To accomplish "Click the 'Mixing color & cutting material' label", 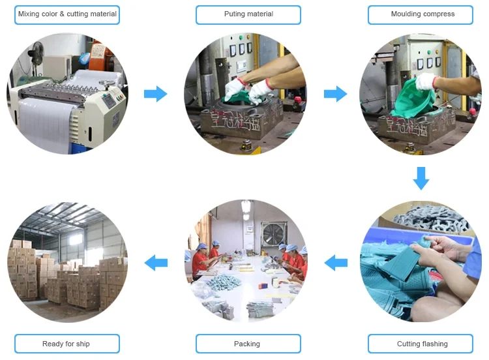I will [x=67, y=14].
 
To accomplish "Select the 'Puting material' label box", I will [x=248, y=14].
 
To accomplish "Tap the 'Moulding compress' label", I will [x=422, y=14].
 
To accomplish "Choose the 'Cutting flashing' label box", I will [x=422, y=344].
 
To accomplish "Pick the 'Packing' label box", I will [x=248, y=344].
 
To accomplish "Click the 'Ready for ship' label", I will [x=67, y=344].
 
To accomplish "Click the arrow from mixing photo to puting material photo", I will [x=155, y=94].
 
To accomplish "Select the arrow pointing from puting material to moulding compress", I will [x=335, y=94].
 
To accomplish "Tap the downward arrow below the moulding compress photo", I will [x=421, y=178].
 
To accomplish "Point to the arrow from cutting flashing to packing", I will [x=335, y=263].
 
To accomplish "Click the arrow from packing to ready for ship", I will [x=155, y=263].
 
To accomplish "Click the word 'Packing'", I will [x=247, y=344].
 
